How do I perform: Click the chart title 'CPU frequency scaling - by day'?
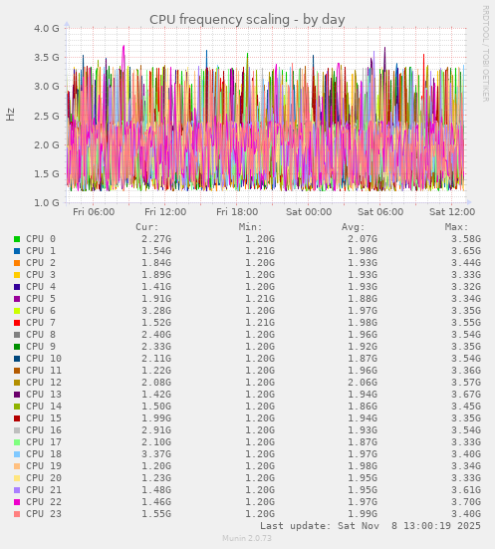(x=247, y=20)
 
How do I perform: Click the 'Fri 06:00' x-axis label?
(x=94, y=212)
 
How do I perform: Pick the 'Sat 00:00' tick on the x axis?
(x=309, y=212)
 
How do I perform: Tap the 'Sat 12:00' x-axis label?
(x=452, y=212)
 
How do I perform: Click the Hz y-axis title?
(x=11, y=115)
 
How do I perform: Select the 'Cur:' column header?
(x=146, y=227)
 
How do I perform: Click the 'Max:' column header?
(x=457, y=227)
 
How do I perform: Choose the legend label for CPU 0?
(x=41, y=239)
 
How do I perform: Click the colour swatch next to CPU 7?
(x=17, y=323)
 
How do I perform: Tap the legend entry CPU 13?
(x=44, y=395)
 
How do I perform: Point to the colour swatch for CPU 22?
(x=17, y=502)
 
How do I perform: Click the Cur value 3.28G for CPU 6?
(x=155, y=311)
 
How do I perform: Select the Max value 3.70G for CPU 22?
(x=465, y=502)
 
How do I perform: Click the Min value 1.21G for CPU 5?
(x=259, y=299)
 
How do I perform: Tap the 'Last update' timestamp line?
(x=370, y=525)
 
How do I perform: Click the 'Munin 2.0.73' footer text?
(x=247, y=538)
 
